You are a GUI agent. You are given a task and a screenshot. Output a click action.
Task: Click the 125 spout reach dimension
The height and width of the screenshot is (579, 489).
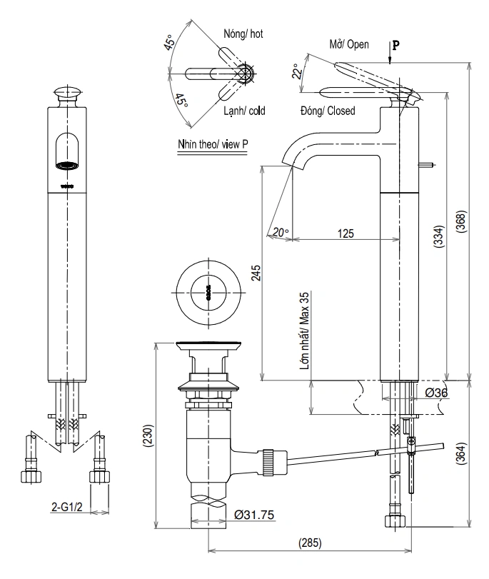click(x=346, y=233)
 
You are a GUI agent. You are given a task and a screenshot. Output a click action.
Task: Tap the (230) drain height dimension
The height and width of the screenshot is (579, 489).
click(x=147, y=435)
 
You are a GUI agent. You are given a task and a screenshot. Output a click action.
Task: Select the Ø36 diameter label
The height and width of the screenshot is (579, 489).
click(x=436, y=393)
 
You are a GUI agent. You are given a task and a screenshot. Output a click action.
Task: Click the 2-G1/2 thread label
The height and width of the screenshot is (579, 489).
click(x=69, y=508)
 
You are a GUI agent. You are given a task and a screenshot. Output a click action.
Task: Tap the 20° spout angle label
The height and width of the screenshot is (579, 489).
click(x=281, y=231)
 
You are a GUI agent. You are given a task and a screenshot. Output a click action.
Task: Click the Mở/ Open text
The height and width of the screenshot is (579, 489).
click(x=349, y=44)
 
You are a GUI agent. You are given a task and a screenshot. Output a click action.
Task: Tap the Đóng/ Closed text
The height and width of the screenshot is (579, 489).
click(x=328, y=111)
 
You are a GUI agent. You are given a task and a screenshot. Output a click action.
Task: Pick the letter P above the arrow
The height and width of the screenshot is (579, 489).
click(x=396, y=44)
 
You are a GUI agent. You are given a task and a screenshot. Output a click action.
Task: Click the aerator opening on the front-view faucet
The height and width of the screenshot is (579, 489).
click(x=66, y=166)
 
